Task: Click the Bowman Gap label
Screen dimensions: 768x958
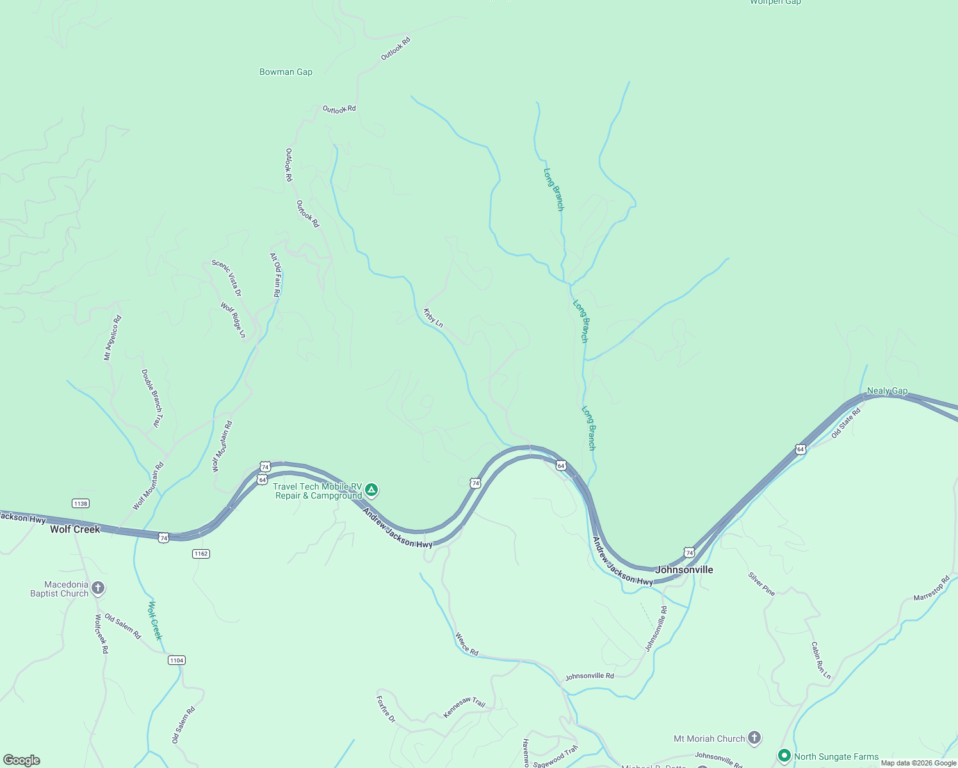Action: coord(286,72)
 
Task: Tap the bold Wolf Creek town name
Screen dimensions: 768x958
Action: coord(75,529)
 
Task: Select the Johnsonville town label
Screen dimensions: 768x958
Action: coord(684,570)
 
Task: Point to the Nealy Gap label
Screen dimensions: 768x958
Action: coord(887,391)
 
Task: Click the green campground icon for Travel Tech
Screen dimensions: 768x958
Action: coord(371,490)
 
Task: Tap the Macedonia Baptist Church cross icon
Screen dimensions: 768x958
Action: coord(98,588)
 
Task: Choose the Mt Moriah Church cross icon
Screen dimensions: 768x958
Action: coord(754,739)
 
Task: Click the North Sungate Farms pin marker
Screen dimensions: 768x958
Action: coord(784,756)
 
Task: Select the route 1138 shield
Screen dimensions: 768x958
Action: coord(81,504)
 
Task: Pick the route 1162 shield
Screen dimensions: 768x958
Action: coord(201,554)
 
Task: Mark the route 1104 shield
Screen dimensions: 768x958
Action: coord(177,660)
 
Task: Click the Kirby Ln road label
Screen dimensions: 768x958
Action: coord(433,318)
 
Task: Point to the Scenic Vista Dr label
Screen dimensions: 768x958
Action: coord(227,278)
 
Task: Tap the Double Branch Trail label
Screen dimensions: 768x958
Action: coord(152,398)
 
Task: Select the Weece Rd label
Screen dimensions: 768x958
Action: coord(467,644)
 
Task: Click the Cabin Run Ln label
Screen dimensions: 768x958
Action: coord(820,660)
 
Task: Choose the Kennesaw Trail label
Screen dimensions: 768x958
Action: coord(465,707)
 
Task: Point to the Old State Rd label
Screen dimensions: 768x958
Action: coord(846,423)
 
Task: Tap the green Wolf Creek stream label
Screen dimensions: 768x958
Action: coord(155,620)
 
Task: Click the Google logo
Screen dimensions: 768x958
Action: coord(21,760)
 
